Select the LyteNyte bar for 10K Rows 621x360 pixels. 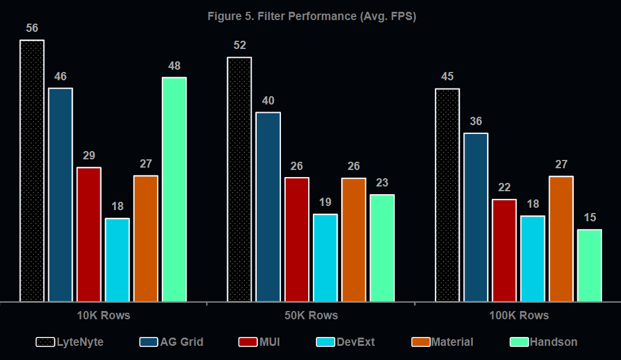32,171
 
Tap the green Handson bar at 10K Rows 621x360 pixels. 174,189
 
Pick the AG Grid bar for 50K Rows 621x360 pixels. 268,207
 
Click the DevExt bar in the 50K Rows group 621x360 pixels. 325,258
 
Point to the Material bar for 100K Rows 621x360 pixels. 561,239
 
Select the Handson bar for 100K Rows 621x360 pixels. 590,266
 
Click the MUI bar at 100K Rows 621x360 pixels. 504,250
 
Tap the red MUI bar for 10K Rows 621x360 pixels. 89,234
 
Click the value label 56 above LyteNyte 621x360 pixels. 32,28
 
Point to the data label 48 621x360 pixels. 174,66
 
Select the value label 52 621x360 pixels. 240,45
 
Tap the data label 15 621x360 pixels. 590,217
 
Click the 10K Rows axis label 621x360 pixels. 103,316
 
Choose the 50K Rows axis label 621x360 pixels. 311,316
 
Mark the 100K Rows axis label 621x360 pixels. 519,316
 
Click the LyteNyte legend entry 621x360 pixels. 70,342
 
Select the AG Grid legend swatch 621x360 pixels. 149,342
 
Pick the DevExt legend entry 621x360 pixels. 345,342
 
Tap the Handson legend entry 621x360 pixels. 543,342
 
